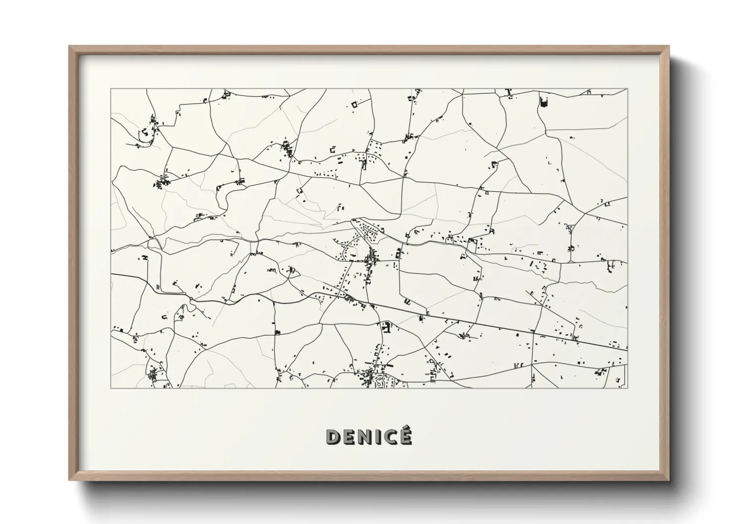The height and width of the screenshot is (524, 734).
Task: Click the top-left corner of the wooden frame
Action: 69,47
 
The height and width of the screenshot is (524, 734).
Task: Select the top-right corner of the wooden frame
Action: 669,47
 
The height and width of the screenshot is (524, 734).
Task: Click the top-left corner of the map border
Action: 111,89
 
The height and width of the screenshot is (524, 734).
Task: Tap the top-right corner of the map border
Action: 627,89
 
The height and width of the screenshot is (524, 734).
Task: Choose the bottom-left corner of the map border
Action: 111,388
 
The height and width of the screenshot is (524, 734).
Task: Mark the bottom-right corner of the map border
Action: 627,388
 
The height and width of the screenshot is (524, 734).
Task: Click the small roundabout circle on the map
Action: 191,299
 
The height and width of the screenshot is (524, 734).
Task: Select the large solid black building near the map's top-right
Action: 543,102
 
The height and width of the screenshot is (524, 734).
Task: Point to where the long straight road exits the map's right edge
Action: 627,349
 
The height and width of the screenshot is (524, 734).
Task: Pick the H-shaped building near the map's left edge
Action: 145,258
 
